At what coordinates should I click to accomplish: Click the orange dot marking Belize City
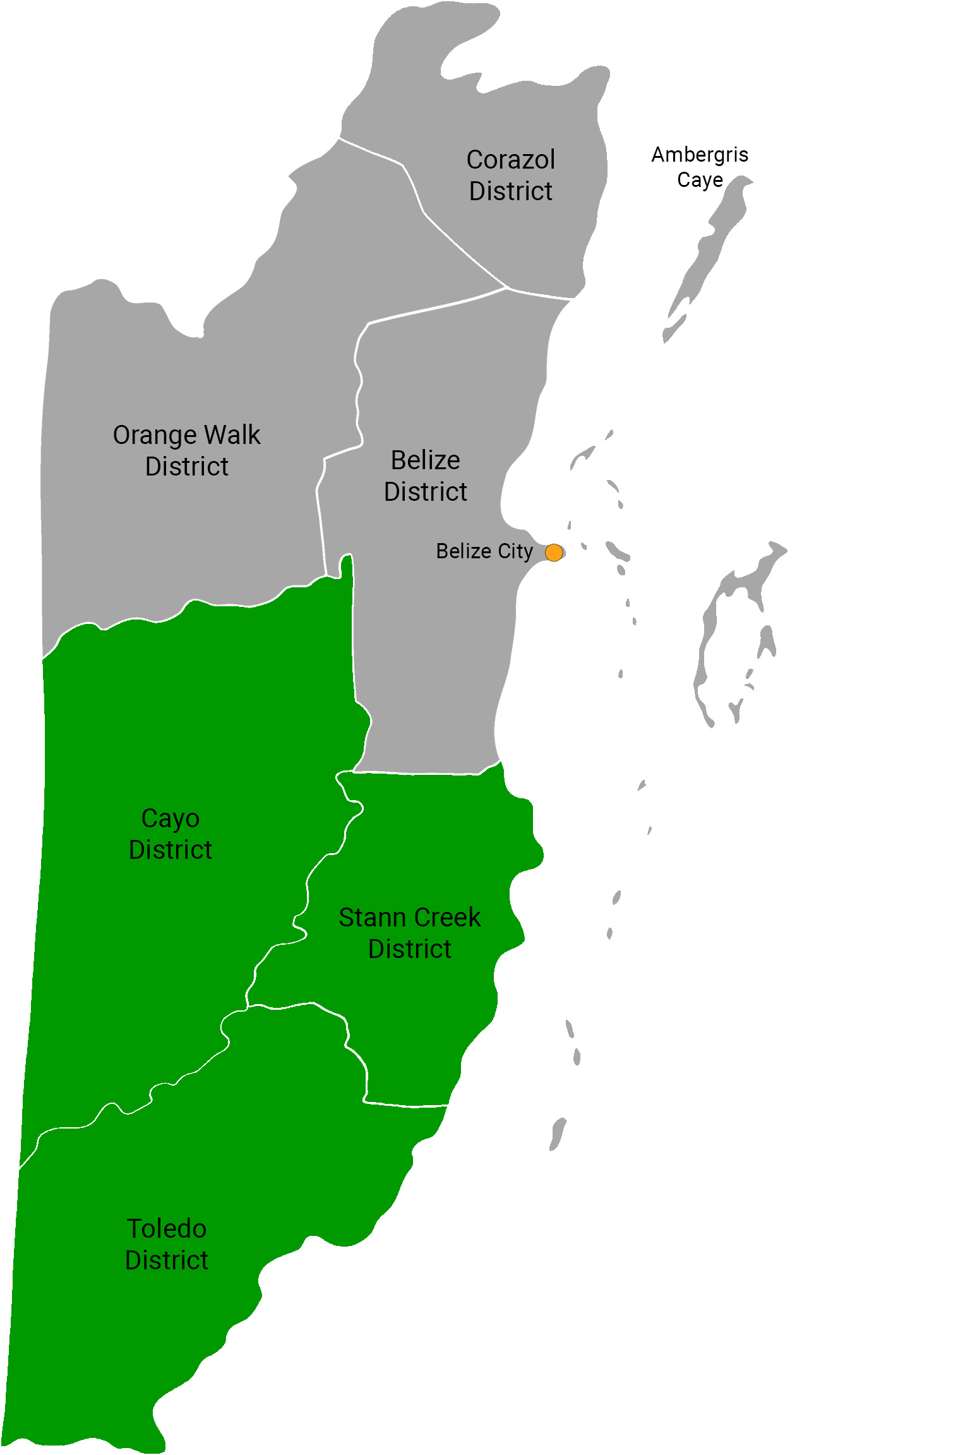coord(554,553)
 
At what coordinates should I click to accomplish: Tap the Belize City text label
coord(484,551)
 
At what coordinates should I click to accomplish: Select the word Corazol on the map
coord(510,160)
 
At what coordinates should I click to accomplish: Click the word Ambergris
coord(700,155)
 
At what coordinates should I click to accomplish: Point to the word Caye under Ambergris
coord(700,180)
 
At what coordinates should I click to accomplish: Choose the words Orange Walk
coord(186,435)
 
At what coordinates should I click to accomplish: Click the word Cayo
coord(171,818)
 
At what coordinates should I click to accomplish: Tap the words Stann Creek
coord(409,918)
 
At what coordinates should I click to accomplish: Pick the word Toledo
coord(167,1229)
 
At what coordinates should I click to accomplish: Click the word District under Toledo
coord(167,1260)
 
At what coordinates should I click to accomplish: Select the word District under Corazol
coord(510,191)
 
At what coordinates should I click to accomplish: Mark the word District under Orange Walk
coord(186,467)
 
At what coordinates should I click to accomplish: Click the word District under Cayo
coord(171,850)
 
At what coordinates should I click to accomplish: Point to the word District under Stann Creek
coord(409,949)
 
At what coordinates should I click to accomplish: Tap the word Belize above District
coord(425,460)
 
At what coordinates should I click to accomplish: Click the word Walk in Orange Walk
coord(232,435)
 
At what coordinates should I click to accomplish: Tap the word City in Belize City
coord(515,551)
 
